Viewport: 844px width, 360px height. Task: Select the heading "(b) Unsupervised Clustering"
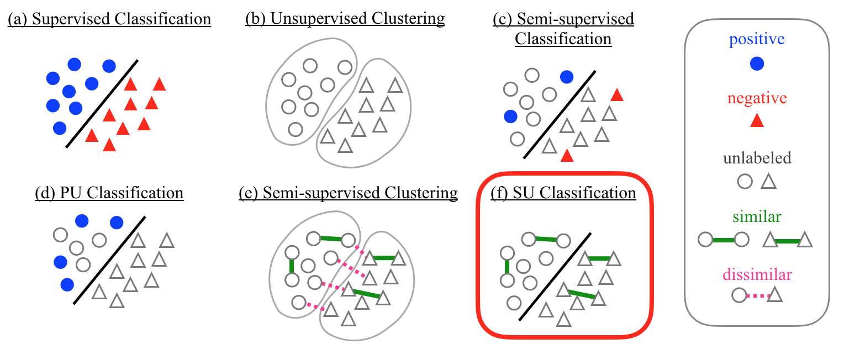click(x=345, y=18)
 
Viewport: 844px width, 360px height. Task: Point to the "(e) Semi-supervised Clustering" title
click(x=348, y=193)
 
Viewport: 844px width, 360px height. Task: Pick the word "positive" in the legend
click(x=756, y=40)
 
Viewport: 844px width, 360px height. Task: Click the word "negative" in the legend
click(x=757, y=99)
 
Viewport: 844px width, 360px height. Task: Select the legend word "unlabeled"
click(x=757, y=159)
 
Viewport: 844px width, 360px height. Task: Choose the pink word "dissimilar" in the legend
click(x=757, y=274)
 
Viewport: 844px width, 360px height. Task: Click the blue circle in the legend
click(x=757, y=64)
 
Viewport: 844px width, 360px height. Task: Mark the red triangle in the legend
click(x=757, y=123)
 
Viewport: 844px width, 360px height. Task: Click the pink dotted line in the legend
click(x=757, y=296)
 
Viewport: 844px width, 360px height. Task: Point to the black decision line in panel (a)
click(x=102, y=103)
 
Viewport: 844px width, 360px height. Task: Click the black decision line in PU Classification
click(x=109, y=258)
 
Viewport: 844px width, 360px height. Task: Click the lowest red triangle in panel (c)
click(x=566, y=156)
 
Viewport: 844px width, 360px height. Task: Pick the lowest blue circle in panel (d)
click(x=67, y=284)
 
